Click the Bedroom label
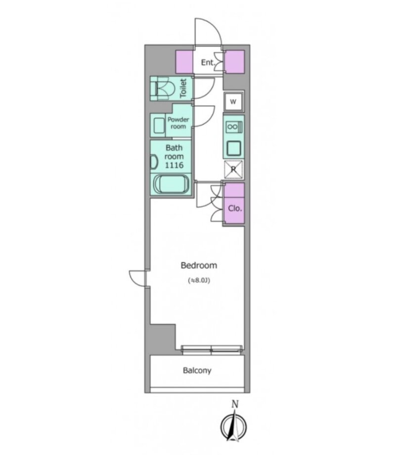point(199,265)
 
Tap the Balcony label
point(197,370)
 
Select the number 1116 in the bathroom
point(174,165)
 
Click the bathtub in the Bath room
point(171,184)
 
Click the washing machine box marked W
point(233,101)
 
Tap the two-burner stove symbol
point(234,127)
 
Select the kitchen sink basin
point(233,148)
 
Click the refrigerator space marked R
point(233,169)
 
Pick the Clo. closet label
point(235,208)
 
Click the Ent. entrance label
point(208,62)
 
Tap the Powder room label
point(178,123)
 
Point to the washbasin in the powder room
point(158,126)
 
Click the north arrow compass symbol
point(233,426)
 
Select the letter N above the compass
point(235,404)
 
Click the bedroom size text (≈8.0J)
point(199,280)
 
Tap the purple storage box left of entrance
point(184,62)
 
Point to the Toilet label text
point(183,88)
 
